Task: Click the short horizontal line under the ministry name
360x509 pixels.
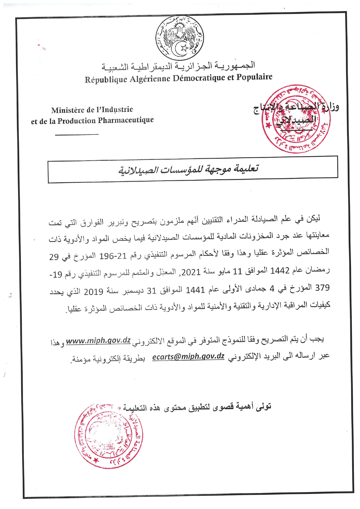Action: (77, 134)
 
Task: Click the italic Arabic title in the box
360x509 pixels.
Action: (188, 169)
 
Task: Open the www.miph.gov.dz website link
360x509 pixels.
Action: (98, 340)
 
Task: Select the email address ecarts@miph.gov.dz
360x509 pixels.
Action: (188, 357)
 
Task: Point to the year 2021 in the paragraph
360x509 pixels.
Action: (191, 272)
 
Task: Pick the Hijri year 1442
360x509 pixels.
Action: (280, 271)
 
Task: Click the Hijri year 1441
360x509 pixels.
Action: (195, 289)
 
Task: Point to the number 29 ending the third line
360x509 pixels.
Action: (54, 257)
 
